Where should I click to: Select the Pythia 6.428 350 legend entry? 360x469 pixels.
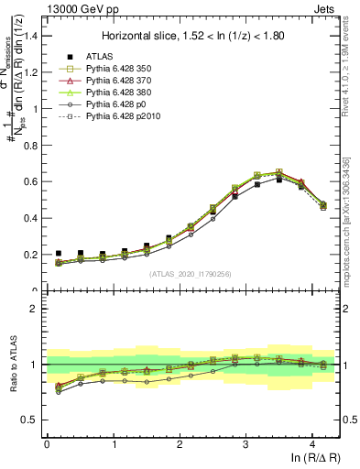tap(114, 69)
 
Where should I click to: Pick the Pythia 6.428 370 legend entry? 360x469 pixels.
tap(114, 82)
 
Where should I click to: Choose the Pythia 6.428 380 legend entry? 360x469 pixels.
tap(114, 93)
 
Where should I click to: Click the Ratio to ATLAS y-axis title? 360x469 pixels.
tap(13, 365)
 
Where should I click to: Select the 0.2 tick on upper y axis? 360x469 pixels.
tap(31, 255)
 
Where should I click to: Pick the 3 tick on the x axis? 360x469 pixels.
tap(245, 442)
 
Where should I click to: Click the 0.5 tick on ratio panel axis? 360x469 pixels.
tap(31, 420)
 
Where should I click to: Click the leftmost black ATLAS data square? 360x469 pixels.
tap(59, 254)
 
